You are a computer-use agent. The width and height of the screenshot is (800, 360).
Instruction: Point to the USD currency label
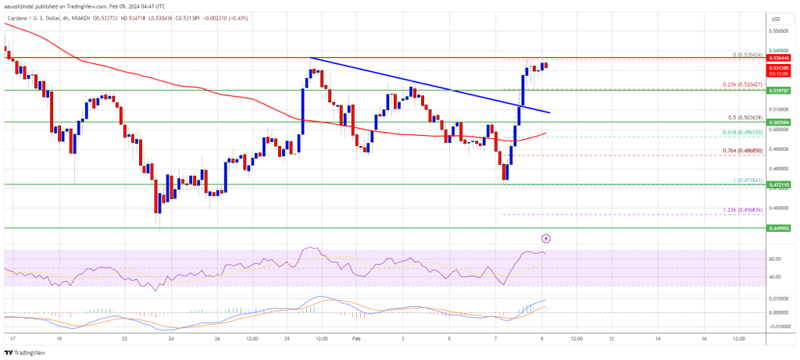[x=775, y=19]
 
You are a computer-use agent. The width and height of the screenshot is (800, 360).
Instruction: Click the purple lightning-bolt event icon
[x=546, y=237]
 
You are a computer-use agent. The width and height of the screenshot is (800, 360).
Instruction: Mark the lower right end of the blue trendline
[x=550, y=112]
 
